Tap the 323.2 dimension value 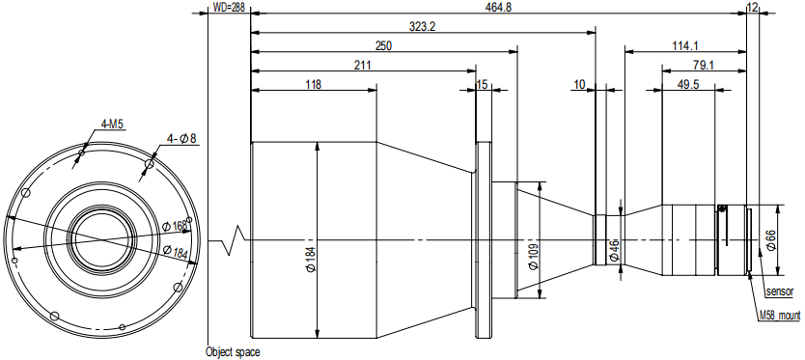423,27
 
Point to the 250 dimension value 383,45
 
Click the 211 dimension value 363,66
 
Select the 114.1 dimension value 685,45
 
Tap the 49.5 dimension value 688,84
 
